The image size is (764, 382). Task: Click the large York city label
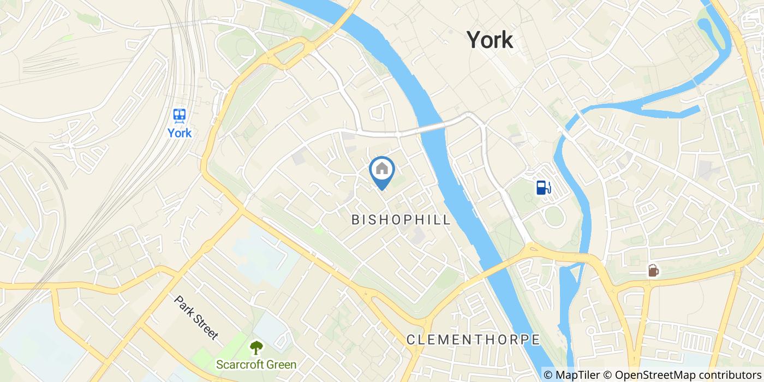(x=490, y=40)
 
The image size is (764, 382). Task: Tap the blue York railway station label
(x=180, y=133)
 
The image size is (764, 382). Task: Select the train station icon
(x=180, y=115)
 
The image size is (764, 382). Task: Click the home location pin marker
(x=382, y=172)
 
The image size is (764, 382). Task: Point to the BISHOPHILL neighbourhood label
(x=401, y=220)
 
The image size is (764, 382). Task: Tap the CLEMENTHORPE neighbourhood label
(x=473, y=339)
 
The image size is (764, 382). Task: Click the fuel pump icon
(x=544, y=187)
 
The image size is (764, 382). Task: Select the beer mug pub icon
(x=653, y=270)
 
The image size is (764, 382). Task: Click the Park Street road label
(x=196, y=318)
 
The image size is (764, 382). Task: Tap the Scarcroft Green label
(x=256, y=365)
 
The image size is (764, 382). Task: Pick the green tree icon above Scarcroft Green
(x=256, y=347)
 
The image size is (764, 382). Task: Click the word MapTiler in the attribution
(x=584, y=375)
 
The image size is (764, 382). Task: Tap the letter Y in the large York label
(x=474, y=40)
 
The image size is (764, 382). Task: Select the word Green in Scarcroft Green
(x=281, y=365)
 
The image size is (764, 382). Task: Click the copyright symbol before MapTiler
(x=548, y=375)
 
